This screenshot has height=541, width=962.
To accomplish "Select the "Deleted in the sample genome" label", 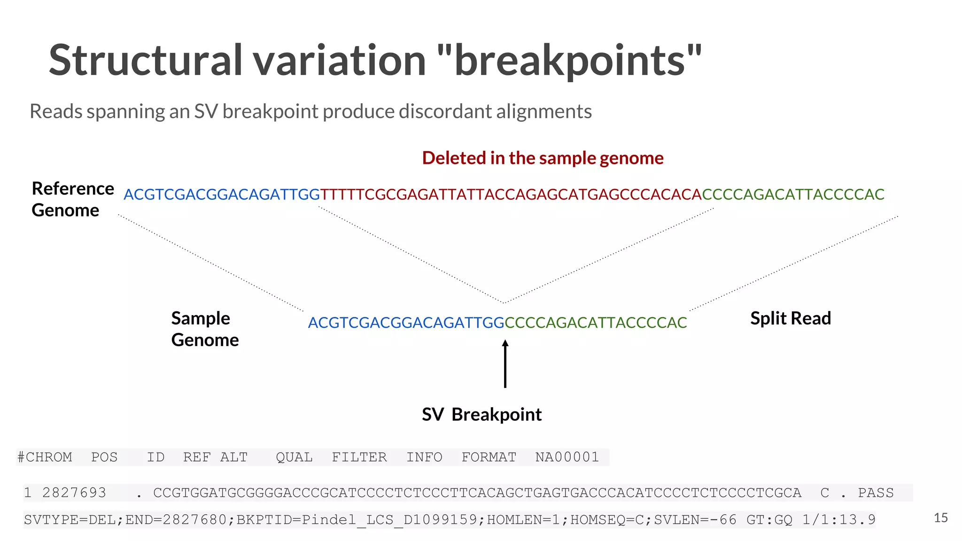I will pyautogui.click(x=543, y=158).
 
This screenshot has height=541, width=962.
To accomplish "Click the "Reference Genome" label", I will pyautogui.click(x=72, y=199).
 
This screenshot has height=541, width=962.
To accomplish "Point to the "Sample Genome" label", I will pyautogui.click(x=205, y=329).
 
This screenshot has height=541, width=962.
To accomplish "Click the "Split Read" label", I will pyautogui.click(x=791, y=318).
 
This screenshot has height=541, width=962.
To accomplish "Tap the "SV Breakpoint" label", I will pyautogui.click(x=481, y=415).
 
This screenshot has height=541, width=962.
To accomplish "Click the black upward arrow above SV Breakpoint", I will pyautogui.click(x=505, y=364).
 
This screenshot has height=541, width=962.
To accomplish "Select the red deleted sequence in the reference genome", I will pyautogui.click(x=511, y=194).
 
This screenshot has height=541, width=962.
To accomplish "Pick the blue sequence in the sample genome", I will pyautogui.click(x=406, y=323).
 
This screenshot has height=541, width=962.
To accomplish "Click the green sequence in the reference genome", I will pyautogui.click(x=793, y=194).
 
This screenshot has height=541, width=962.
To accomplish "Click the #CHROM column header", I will pyautogui.click(x=45, y=457).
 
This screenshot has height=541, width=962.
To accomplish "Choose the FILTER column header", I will pyautogui.click(x=359, y=457).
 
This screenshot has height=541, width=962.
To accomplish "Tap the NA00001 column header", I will pyautogui.click(x=567, y=457).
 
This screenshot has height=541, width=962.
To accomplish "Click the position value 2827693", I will pyautogui.click(x=74, y=493).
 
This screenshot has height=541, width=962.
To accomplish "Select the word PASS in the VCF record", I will pyautogui.click(x=876, y=493).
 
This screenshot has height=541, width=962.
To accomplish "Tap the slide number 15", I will pyautogui.click(x=940, y=518).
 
